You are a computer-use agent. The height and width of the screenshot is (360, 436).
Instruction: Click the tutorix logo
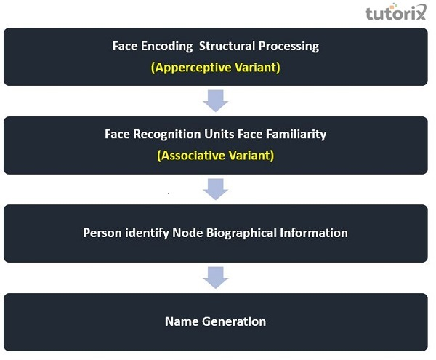[x=395, y=12]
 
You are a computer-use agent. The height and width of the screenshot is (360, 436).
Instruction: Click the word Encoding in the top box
[x=166, y=47]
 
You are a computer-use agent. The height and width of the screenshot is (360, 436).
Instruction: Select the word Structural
[x=227, y=47]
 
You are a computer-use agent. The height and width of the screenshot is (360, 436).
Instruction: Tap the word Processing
[x=288, y=47]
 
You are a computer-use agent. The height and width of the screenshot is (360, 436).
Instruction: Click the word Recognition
[x=167, y=135]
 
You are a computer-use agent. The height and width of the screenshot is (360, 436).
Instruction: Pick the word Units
[x=219, y=134]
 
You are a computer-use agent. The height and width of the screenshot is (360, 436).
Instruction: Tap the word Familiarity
[x=296, y=135]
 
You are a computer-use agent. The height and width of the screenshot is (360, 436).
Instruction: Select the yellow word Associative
[x=190, y=156]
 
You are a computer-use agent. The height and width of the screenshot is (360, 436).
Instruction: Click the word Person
[x=102, y=233]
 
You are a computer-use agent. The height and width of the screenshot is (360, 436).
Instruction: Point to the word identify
[x=147, y=233]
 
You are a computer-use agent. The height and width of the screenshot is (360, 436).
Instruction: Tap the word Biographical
[x=241, y=233]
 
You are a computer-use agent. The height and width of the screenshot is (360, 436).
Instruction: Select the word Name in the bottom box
[x=182, y=321]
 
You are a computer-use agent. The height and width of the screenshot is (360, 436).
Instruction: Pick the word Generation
[x=234, y=321]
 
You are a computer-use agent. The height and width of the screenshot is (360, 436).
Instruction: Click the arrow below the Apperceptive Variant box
[x=216, y=100]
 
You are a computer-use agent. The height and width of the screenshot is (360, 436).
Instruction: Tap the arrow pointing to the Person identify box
[x=216, y=189]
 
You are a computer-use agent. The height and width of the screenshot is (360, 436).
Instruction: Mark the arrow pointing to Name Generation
[x=216, y=277]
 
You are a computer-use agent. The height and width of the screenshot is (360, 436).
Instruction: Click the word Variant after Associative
[x=251, y=156]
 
